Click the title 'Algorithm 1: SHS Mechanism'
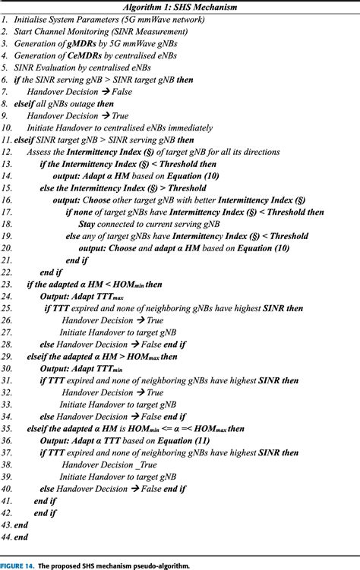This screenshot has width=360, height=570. point(180,7)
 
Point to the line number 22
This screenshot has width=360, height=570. point(7,272)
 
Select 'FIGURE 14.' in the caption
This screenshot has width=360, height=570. point(19,565)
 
